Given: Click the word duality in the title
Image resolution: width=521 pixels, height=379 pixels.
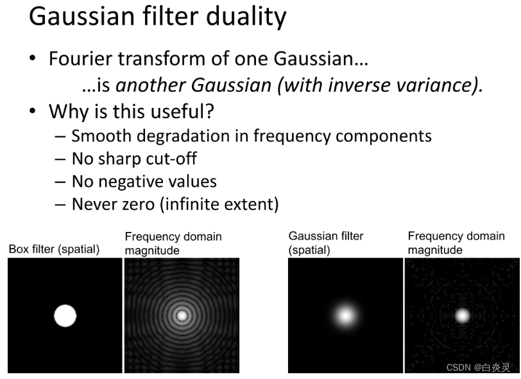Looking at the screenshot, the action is point(246,17).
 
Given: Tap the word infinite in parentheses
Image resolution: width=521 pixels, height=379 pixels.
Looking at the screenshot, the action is point(192,204).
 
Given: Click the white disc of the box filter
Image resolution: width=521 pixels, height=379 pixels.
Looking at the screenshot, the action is point(65,315).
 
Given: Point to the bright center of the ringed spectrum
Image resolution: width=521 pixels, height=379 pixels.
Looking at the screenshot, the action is point(182,315).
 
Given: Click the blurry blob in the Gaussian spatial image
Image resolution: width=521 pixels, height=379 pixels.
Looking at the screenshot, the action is point(346,315).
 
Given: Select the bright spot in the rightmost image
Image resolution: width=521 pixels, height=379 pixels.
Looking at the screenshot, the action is point(462,315).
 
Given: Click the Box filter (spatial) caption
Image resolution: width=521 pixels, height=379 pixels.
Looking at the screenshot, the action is point(54,249).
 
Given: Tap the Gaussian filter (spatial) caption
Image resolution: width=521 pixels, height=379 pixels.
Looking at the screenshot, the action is point(326,243).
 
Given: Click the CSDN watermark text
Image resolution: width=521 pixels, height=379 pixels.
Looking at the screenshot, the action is point(478,367).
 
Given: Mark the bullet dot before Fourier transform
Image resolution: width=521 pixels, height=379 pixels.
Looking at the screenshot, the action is point(33,58).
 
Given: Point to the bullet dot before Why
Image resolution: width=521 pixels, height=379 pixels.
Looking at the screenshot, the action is point(33,110).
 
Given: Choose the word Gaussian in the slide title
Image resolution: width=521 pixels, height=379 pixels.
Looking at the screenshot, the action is point(82,17).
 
